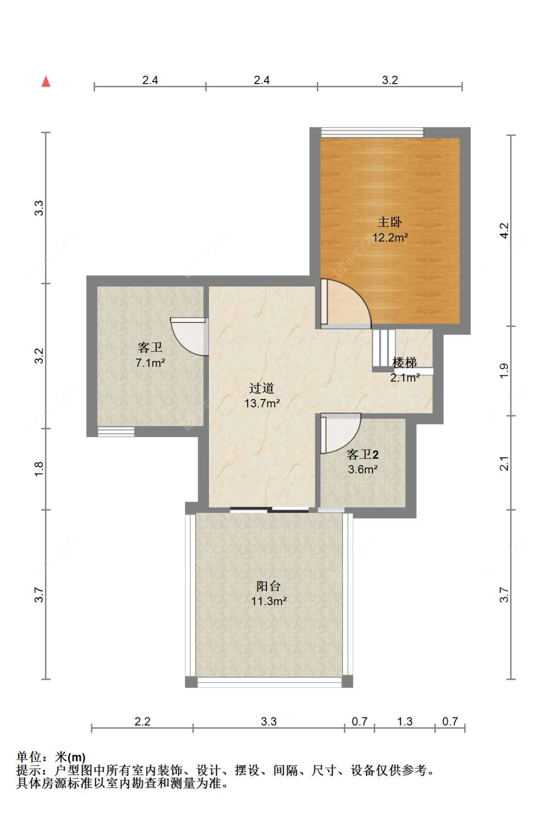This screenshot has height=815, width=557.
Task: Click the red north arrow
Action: pos(46,82)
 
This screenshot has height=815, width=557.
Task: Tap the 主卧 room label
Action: pos(390,222)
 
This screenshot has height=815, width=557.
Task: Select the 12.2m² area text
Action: pos(390,238)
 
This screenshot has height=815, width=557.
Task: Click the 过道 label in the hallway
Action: pos(261,388)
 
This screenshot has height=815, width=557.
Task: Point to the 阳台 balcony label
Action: pos(268,586)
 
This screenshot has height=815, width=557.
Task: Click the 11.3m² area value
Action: pos(269,601)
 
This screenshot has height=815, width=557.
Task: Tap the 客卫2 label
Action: pos(362,454)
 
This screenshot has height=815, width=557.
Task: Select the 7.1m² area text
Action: pos(150,363)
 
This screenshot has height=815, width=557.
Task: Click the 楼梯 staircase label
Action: pos(404,362)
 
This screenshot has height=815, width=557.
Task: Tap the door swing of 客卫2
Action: pos(341,433)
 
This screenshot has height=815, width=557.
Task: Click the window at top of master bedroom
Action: pos(372,132)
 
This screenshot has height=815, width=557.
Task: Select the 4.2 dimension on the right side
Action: pos(504,231)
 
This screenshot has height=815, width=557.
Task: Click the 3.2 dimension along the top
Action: pos(390,80)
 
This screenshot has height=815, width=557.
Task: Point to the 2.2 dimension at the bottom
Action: pos(142,721)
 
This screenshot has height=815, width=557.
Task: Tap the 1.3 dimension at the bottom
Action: pos(405,721)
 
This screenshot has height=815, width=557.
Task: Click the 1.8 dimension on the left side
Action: pos(39,469)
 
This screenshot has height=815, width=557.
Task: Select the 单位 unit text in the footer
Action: pos(29,757)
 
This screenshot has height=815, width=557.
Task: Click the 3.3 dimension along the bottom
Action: pos(268,721)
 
